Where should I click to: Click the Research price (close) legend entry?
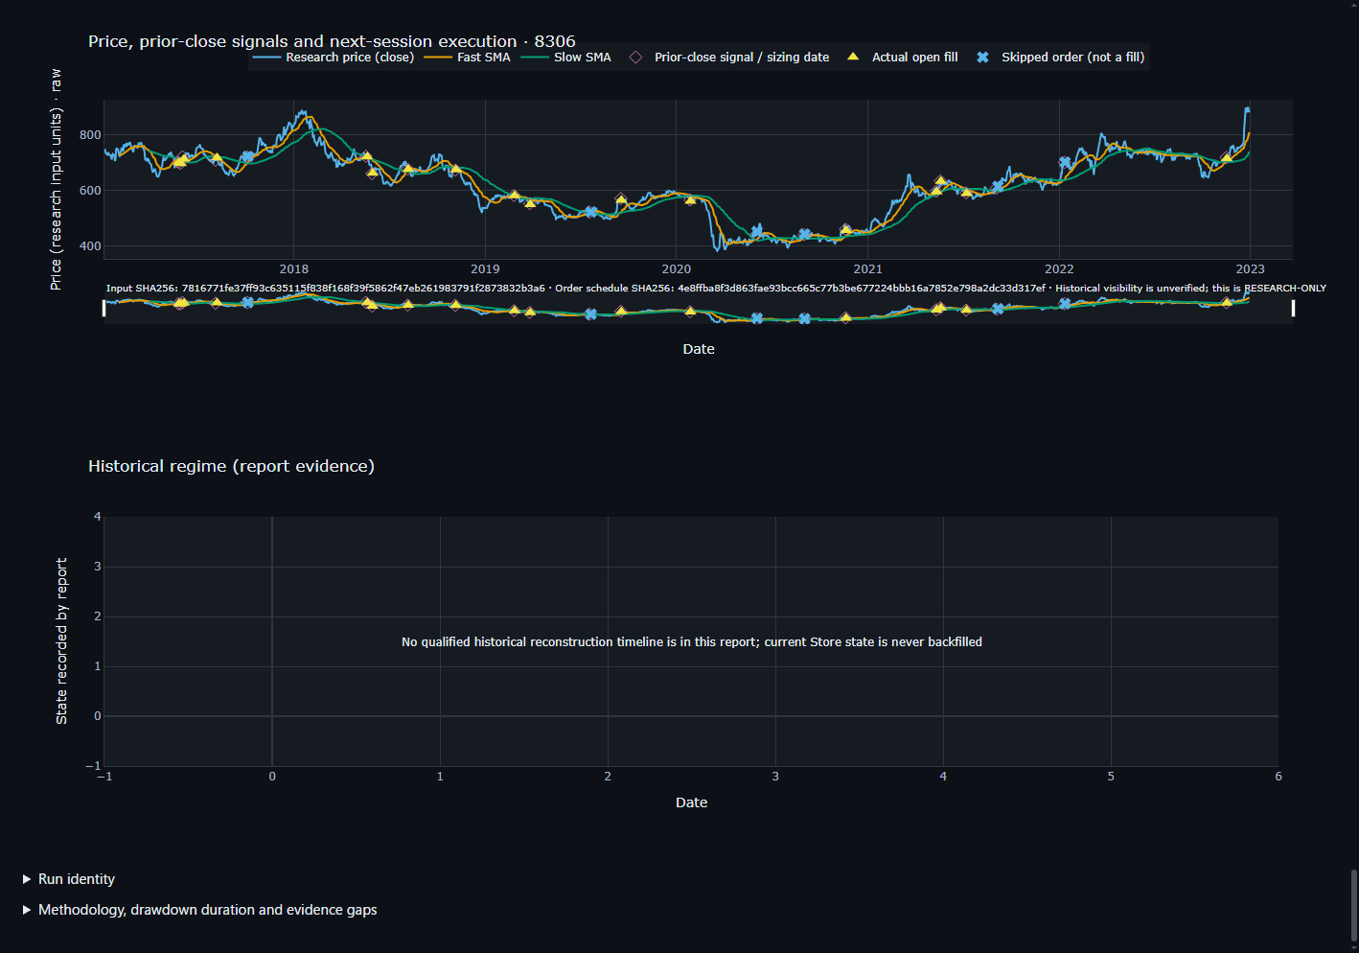(x=334, y=58)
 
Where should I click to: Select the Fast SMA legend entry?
(x=467, y=58)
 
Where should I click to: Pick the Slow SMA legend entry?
(x=566, y=58)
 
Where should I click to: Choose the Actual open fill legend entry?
(x=902, y=58)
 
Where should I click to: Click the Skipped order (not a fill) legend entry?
(x=1061, y=58)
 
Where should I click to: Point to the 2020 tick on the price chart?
(x=676, y=268)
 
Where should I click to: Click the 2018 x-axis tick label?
(x=293, y=268)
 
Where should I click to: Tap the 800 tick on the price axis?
(x=90, y=135)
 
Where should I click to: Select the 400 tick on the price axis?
(x=90, y=245)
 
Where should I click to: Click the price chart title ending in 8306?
(x=332, y=41)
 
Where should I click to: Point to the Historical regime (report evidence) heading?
(x=231, y=466)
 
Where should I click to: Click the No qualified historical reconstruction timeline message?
(x=692, y=641)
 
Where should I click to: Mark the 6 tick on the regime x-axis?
(x=1278, y=777)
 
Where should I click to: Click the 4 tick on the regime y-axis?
(x=97, y=517)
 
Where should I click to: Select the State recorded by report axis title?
(x=61, y=641)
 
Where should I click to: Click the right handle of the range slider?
(x=1293, y=309)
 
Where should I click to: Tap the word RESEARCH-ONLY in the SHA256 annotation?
(x=1285, y=288)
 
